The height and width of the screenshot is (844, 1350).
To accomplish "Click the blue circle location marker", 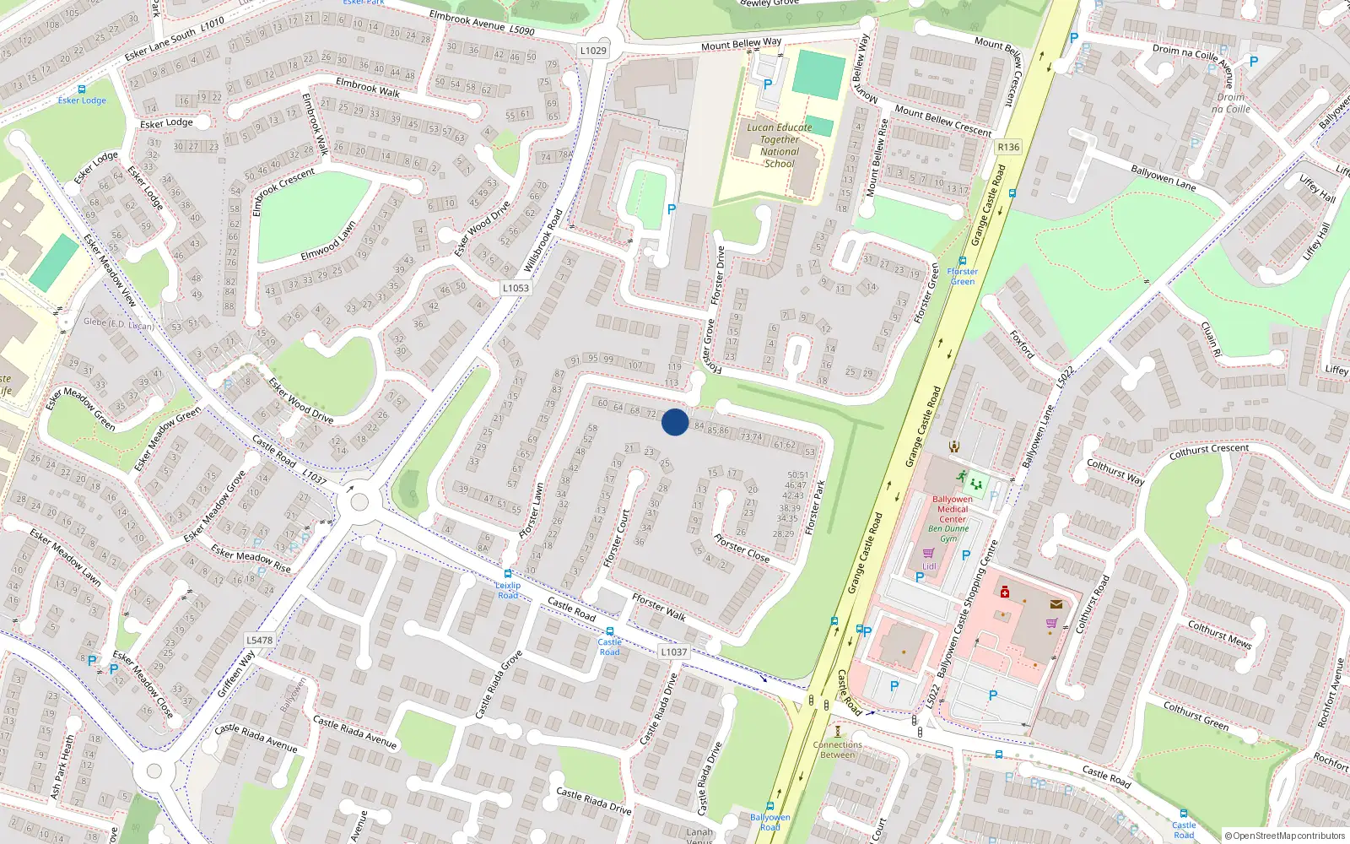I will click(x=675, y=422).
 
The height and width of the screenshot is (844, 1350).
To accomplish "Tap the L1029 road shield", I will click(x=593, y=51).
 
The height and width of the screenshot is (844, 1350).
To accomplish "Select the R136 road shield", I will click(x=1008, y=147).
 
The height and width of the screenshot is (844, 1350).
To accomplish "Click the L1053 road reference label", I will click(x=516, y=288).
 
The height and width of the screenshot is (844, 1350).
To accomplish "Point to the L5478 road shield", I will click(x=259, y=640).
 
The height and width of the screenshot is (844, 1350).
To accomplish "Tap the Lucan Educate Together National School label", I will click(x=780, y=145).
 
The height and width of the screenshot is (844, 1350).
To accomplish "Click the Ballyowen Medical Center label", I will click(x=953, y=509).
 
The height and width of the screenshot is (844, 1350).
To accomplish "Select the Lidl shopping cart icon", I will click(x=929, y=554).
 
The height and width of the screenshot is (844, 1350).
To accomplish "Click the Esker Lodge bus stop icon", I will click(x=82, y=89).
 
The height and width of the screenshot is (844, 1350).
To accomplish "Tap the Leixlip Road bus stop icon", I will click(x=507, y=574).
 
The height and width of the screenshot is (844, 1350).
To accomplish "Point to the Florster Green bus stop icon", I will click(x=963, y=261).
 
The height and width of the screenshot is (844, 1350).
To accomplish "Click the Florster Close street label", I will click(x=742, y=548).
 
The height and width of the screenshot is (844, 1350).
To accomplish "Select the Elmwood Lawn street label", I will click(x=328, y=241).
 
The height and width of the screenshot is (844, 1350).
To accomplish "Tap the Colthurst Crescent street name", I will click(x=1208, y=451).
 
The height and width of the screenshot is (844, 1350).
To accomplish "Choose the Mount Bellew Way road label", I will click(x=741, y=43).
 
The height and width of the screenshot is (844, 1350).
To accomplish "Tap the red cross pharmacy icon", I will click(x=1004, y=592).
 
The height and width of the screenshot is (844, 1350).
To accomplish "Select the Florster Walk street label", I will click(x=659, y=606).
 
